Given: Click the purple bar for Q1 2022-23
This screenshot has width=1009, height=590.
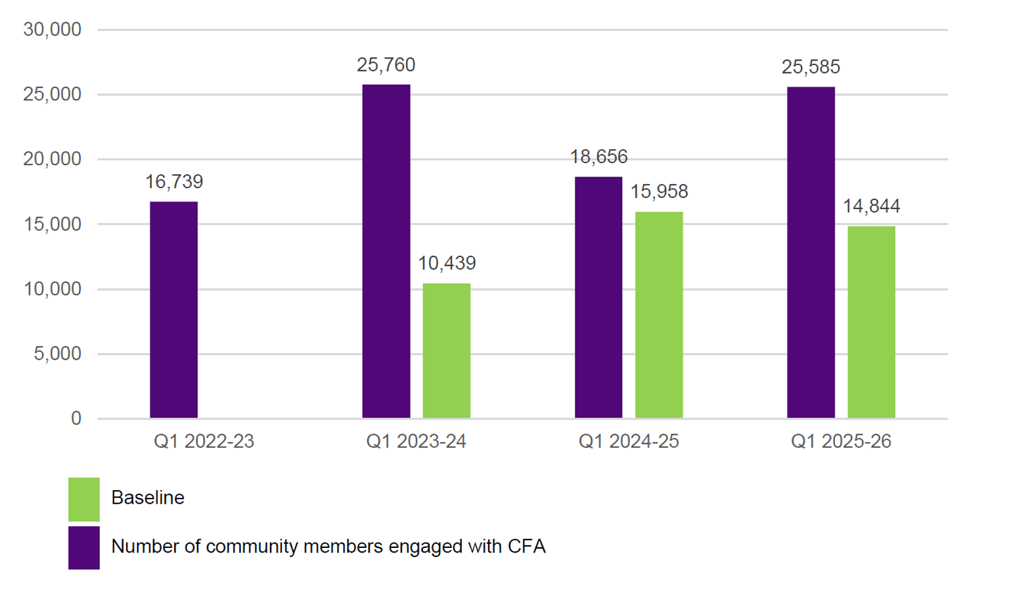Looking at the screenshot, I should point(173,310).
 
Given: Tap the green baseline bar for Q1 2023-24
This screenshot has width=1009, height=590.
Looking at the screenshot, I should point(447,351).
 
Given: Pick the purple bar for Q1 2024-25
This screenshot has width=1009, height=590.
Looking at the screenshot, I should point(598,297).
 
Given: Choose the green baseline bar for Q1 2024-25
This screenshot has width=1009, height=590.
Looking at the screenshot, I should point(659,314).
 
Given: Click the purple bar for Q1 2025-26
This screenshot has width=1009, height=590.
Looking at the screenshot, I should point(811,253).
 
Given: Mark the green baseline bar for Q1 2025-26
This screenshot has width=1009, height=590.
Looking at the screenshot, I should point(871,322).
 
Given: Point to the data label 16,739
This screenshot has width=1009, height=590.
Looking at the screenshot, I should point(174,182).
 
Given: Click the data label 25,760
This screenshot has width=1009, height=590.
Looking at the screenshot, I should point(386,65).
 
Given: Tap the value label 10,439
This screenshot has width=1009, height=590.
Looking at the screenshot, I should point(447,263).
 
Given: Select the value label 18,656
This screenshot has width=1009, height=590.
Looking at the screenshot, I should point(598,157).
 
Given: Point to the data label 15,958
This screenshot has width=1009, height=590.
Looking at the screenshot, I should point(659,192).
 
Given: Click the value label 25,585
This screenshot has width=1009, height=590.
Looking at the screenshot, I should point(811,67).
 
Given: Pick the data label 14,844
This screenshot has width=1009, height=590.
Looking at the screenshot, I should point(871,207).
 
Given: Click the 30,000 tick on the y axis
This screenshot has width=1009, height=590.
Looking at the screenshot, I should point(52,30).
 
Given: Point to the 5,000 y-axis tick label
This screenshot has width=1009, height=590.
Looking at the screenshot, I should point(57,354).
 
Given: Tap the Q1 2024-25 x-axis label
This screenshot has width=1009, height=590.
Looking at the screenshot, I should point(629,441).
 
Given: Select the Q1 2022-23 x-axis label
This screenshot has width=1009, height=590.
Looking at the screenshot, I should point(204,441).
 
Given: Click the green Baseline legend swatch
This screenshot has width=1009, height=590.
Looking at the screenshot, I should point(84,499).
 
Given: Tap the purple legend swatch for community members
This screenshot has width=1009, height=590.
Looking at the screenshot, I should point(84,547).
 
